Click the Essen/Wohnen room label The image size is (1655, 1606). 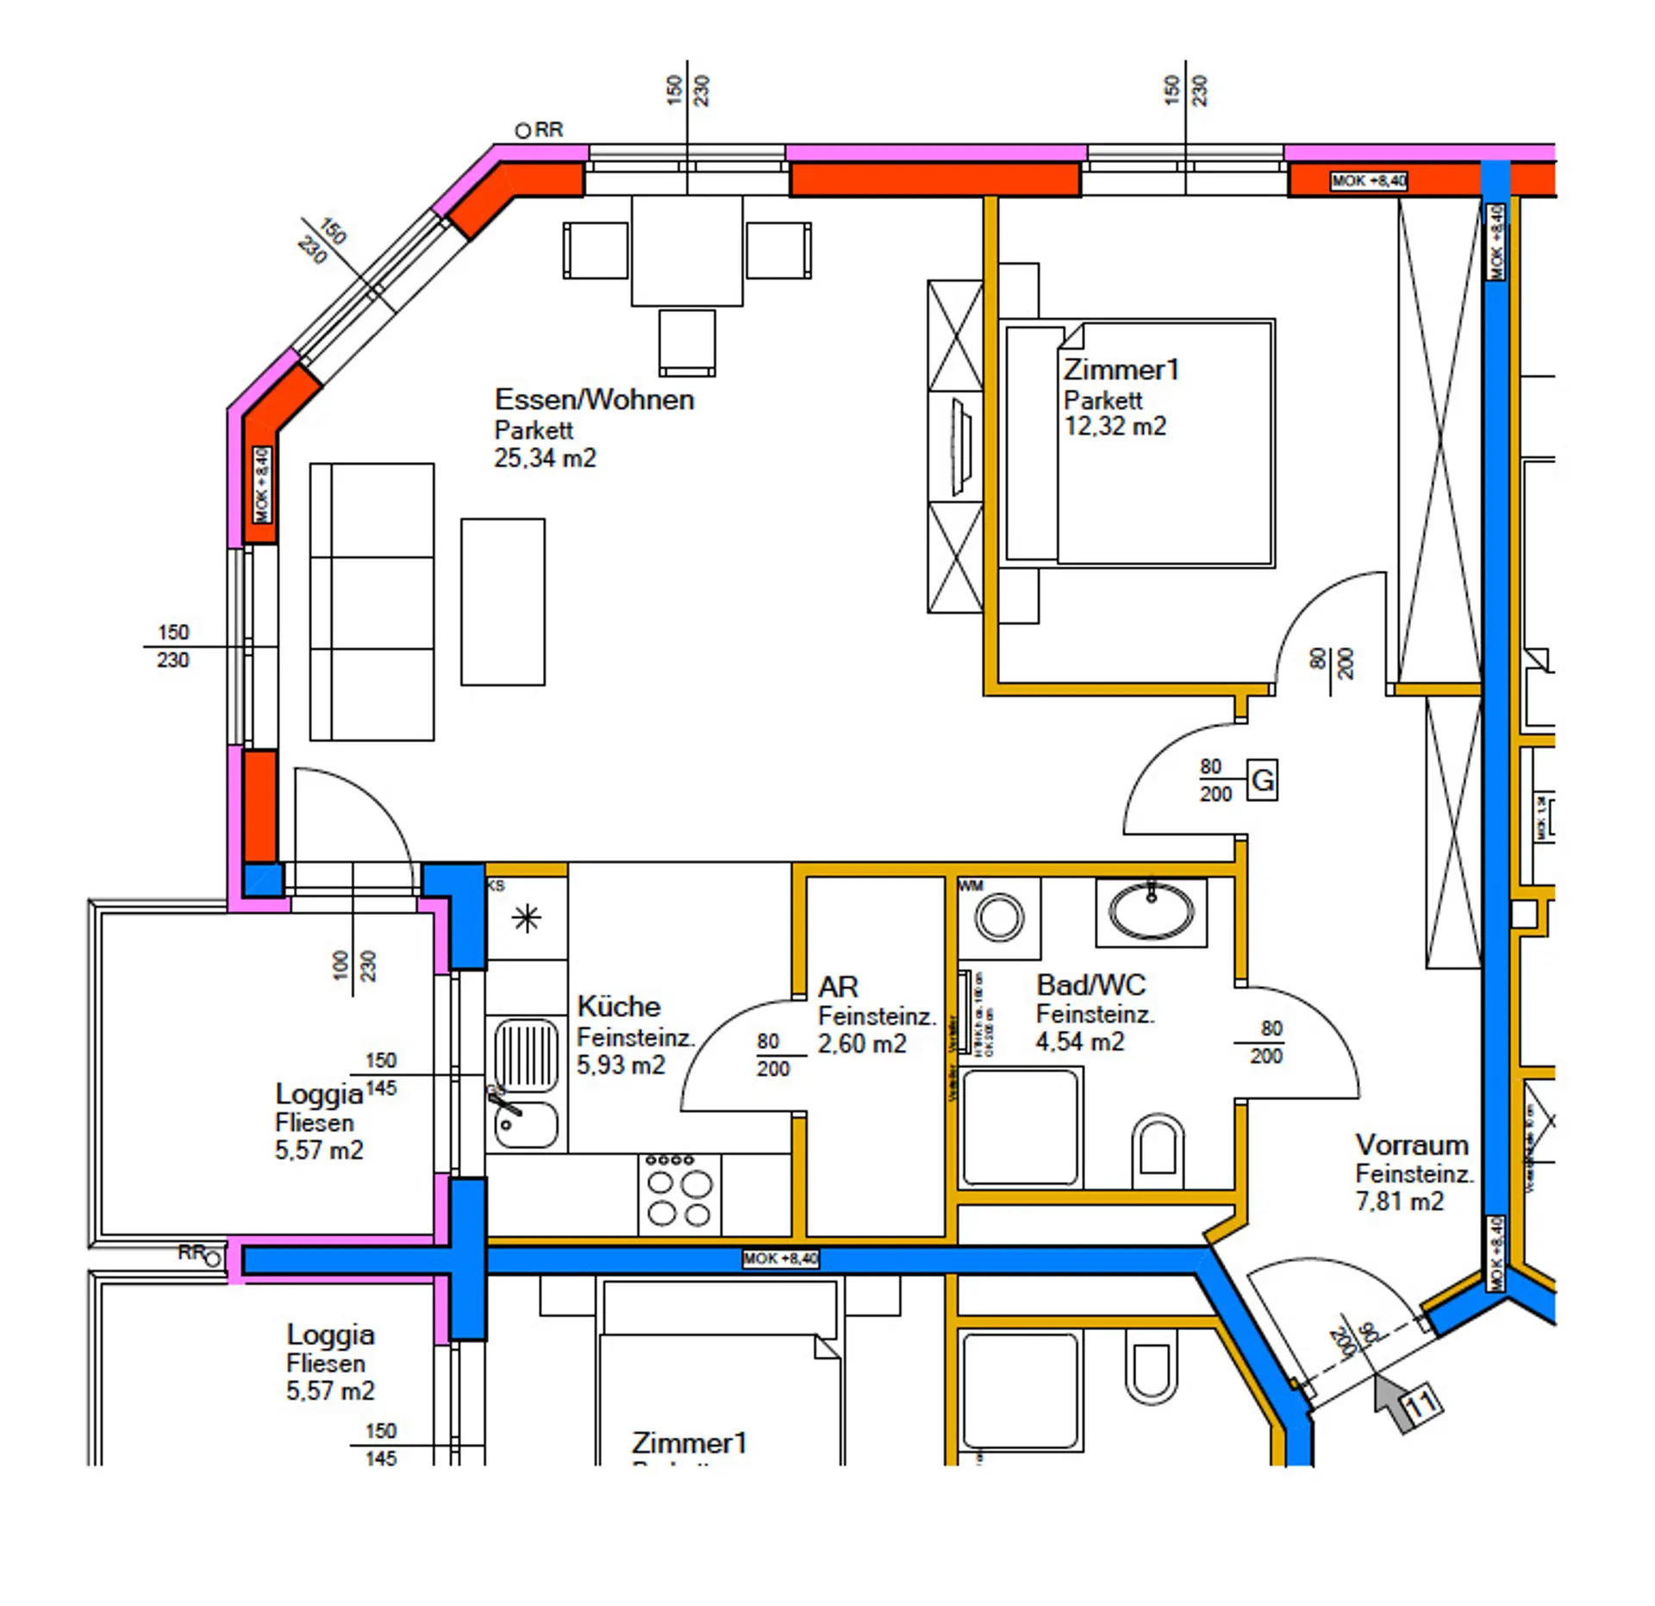click(594, 400)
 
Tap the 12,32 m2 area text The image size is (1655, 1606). click(1115, 427)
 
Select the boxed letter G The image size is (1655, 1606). click(1262, 780)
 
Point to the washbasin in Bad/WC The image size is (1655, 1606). click(1151, 910)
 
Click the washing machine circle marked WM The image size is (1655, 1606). click(999, 915)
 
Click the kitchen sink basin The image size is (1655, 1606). click(526, 1125)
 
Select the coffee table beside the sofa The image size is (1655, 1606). click(503, 602)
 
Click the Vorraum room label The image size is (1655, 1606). click(1411, 1145)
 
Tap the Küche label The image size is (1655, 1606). click(618, 1006)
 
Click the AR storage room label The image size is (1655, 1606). click(838, 986)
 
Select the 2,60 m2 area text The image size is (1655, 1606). click(861, 1044)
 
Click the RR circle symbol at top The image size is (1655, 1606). click(523, 131)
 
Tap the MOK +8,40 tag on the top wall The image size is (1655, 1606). click(1369, 181)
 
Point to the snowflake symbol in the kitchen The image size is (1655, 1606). click(527, 918)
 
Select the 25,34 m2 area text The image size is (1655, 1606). click(545, 458)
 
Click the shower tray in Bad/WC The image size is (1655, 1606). click(1020, 1128)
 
